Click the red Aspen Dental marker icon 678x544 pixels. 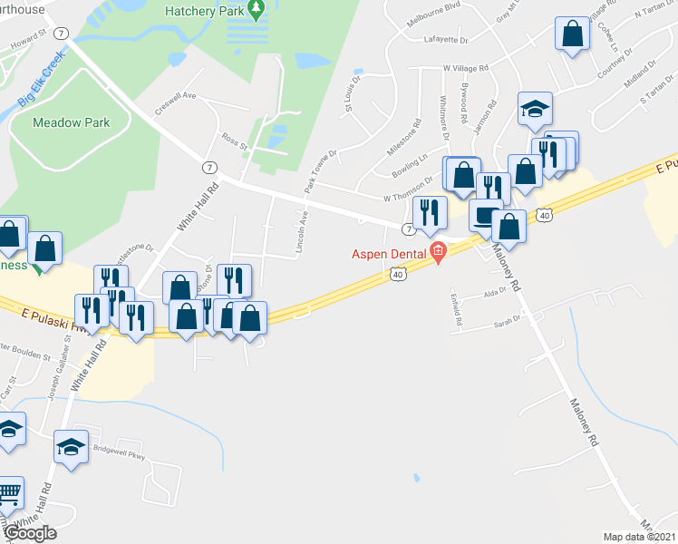point(439,252)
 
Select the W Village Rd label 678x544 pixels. point(466,68)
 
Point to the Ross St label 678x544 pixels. point(234,140)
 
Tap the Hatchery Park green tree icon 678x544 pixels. point(257,10)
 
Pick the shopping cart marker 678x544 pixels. point(7,492)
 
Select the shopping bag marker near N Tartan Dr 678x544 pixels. point(573,34)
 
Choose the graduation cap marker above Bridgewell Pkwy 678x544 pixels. point(70,446)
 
